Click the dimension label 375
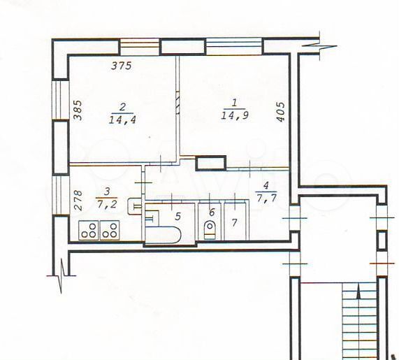122,66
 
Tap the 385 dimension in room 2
78,110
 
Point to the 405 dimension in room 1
281,112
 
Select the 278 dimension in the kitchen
78,201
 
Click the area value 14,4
122,120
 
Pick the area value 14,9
235,115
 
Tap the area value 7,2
107,203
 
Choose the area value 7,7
267,198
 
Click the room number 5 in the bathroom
177,217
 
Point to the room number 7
234,223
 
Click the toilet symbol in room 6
210,230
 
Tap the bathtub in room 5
163,234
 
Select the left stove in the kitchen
89,230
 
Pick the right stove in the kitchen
110,230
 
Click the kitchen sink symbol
134,206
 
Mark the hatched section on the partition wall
178,102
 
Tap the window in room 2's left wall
61,99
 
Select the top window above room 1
234,47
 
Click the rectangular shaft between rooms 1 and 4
211,163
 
